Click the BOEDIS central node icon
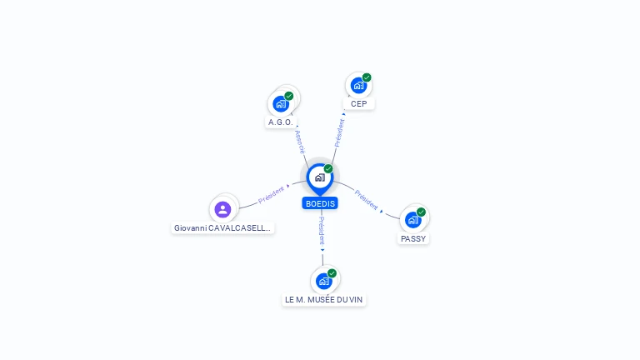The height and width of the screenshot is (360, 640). click(319, 177)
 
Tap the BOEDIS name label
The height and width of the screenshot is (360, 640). click(320, 203)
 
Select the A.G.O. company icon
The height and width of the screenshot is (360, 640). click(281, 104)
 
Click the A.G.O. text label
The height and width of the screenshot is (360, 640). click(280, 122)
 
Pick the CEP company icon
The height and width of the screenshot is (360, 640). click(358, 85)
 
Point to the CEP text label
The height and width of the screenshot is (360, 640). click(358, 103)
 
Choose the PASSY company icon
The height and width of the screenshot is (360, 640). click(412, 220)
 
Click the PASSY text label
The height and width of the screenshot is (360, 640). click(412, 238)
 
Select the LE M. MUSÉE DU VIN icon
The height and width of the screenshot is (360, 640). click(323, 281)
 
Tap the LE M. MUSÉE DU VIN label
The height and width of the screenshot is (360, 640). click(323, 299)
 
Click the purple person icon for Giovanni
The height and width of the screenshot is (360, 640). click(222, 209)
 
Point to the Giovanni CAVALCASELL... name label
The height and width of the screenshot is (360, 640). click(222, 227)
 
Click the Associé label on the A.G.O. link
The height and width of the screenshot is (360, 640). click(299, 141)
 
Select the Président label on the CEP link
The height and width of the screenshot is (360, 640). click(339, 132)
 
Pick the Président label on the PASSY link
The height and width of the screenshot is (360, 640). click(367, 199)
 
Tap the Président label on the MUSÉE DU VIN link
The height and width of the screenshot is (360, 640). click(322, 231)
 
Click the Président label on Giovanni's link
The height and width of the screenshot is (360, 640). click(272, 194)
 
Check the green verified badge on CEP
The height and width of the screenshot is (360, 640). click(367, 77)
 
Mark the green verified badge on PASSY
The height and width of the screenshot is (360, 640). click(421, 212)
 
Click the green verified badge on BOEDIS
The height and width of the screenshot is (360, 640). click(328, 168)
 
